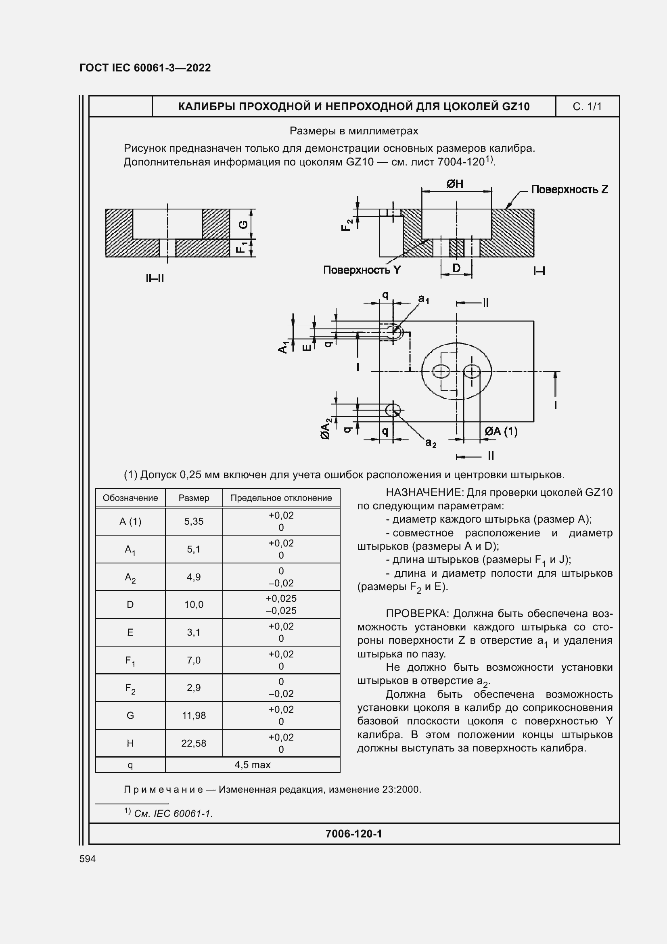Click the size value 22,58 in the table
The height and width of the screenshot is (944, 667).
[x=194, y=743]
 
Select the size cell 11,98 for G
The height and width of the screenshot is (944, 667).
[x=194, y=716]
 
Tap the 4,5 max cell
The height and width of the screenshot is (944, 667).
[x=252, y=765]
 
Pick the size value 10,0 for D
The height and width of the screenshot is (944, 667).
[x=194, y=605]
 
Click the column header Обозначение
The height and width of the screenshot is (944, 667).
[x=130, y=498]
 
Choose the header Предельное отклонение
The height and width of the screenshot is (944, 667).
[x=281, y=498]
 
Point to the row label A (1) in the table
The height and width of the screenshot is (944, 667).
[x=130, y=521]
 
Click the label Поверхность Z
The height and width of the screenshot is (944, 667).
[x=569, y=190]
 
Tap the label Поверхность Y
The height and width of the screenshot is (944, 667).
[x=362, y=270]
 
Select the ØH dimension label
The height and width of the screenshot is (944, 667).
[x=455, y=184]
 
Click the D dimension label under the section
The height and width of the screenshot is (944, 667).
[x=456, y=268]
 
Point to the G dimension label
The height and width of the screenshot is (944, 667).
[x=244, y=224]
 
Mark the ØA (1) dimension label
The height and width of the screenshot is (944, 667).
[x=501, y=431]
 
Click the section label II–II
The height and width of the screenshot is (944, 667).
[x=155, y=278]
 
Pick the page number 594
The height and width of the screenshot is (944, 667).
[x=88, y=859]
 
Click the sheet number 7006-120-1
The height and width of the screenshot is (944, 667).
[x=353, y=834]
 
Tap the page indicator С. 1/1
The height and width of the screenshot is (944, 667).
[x=587, y=107]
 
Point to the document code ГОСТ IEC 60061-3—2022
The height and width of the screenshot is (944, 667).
[x=145, y=68]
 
